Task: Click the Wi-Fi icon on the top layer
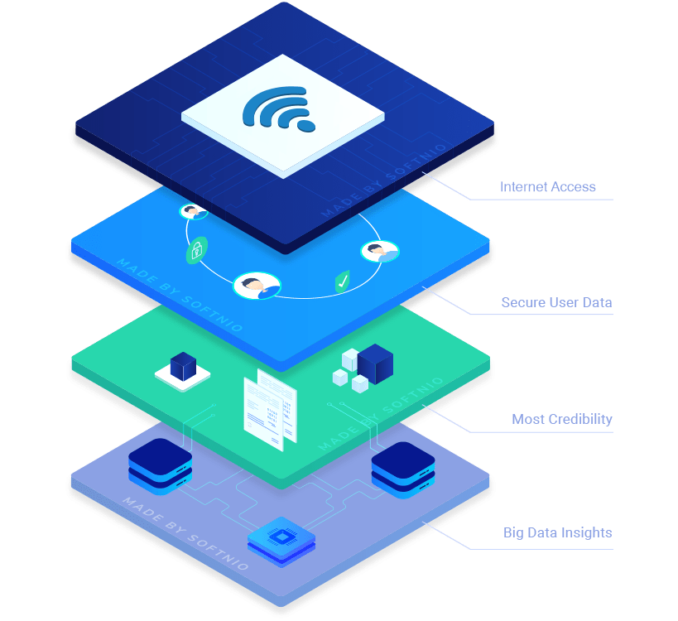coord(279,108)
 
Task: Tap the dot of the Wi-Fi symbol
coord(306,126)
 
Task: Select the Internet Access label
coord(548,187)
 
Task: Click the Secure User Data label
coord(556,302)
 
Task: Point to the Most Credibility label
coord(561,419)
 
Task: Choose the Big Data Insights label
coord(557,532)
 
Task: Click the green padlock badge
coord(197,250)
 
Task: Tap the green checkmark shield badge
coord(343,282)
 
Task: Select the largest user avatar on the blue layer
coord(257,286)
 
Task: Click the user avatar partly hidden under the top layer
coord(193,211)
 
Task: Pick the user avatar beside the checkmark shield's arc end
coord(380,251)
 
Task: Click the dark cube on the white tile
coord(183,366)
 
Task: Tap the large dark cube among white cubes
coord(375,363)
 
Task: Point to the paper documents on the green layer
coord(271,410)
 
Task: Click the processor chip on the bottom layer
coord(281,542)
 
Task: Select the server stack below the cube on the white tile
coord(161,466)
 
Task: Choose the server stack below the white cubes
coord(403,469)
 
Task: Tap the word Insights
coord(586,532)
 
